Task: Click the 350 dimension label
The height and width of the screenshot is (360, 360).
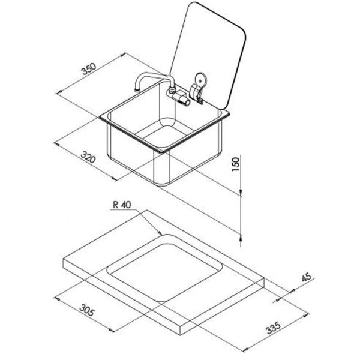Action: point(89,69)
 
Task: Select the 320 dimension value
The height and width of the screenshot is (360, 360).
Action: point(88,157)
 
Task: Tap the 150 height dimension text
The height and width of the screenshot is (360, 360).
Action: point(236,164)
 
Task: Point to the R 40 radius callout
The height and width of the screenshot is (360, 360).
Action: point(122,205)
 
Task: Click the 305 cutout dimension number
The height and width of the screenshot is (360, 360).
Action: point(87,310)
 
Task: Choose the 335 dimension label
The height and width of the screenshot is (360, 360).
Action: point(273,328)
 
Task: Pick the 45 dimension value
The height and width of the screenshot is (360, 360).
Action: point(307,277)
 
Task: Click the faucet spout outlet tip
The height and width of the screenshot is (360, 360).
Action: point(137,90)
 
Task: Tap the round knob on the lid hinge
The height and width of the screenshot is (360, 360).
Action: point(201,79)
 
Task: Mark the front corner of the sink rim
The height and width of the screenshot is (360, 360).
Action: point(162,152)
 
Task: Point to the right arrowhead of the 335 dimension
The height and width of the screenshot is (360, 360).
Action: point(306,316)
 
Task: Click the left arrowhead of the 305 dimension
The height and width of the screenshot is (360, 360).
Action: point(57,299)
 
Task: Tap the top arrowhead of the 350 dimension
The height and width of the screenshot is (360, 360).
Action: point(123,55)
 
